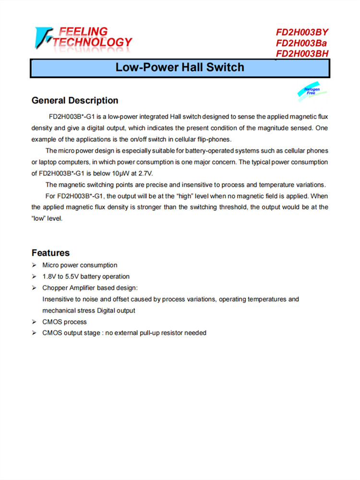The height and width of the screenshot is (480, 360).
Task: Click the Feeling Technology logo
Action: coord(83,38)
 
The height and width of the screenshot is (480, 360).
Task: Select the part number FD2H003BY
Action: coord(302,33)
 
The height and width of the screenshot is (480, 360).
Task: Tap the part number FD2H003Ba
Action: coord(301,43)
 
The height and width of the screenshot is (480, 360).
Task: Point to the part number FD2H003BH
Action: coord(302,54)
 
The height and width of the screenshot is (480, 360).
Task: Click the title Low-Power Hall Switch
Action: coord(180,67)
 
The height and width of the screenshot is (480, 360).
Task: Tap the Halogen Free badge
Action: coord(312,91)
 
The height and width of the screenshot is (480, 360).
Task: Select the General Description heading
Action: coord(74,100)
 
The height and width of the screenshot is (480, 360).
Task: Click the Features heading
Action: coord(50,253)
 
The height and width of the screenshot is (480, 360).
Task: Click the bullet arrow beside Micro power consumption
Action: coord(35,265)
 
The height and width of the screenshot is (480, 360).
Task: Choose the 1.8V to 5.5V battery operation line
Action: coord(86,276)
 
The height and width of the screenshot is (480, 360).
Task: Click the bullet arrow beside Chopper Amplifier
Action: coord(35,288)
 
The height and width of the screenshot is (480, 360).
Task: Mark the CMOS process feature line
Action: coord(64,322)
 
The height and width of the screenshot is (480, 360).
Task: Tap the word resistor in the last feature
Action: coord(173,333)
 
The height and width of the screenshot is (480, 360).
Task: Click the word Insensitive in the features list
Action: coord(60,299)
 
